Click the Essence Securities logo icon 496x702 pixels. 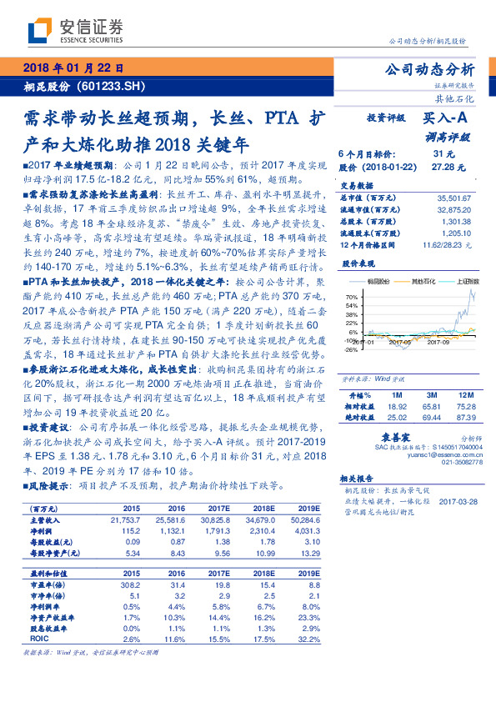pos(40,31)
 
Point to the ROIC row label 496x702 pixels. pos(39,638)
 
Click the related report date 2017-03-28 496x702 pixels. pos(457,500)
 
